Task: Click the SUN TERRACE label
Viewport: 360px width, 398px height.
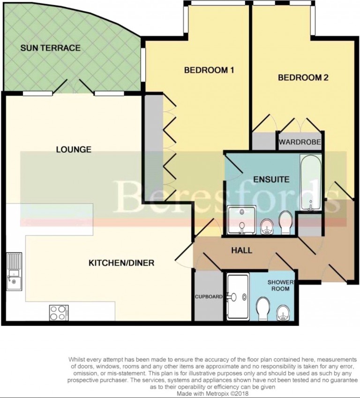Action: (50, 48)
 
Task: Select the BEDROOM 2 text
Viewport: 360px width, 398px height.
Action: (303, 78)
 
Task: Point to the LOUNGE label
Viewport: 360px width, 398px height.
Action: (73, 150)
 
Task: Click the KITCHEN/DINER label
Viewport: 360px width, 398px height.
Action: (121, 263)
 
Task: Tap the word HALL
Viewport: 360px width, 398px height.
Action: (241, 250)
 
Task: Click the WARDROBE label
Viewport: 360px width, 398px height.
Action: (300, 142)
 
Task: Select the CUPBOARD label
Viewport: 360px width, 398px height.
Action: (209, 296)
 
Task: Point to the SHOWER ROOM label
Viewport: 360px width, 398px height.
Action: (280, 285)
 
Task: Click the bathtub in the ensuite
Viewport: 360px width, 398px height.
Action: (310, 183)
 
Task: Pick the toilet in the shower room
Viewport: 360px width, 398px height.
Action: (263, 310)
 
